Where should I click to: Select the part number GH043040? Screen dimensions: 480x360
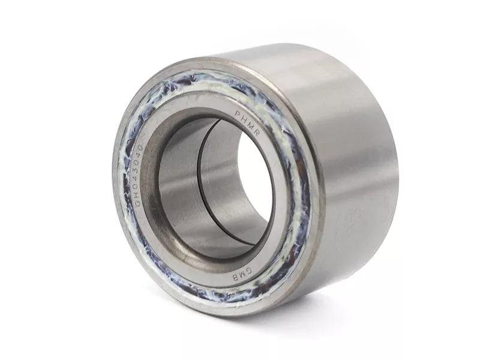[x=139, y=175]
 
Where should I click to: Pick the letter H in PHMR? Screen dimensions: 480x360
[x=244, y=118]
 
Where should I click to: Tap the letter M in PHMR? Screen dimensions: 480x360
[x=251, y=125]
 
